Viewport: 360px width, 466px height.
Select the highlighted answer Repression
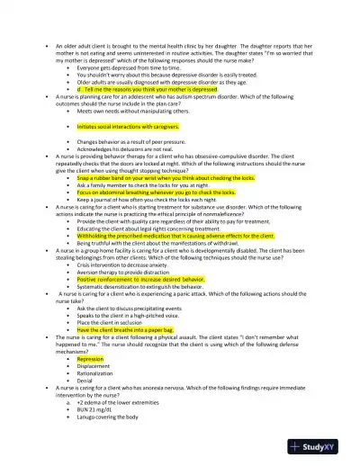90,358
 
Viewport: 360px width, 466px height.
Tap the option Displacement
94,366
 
